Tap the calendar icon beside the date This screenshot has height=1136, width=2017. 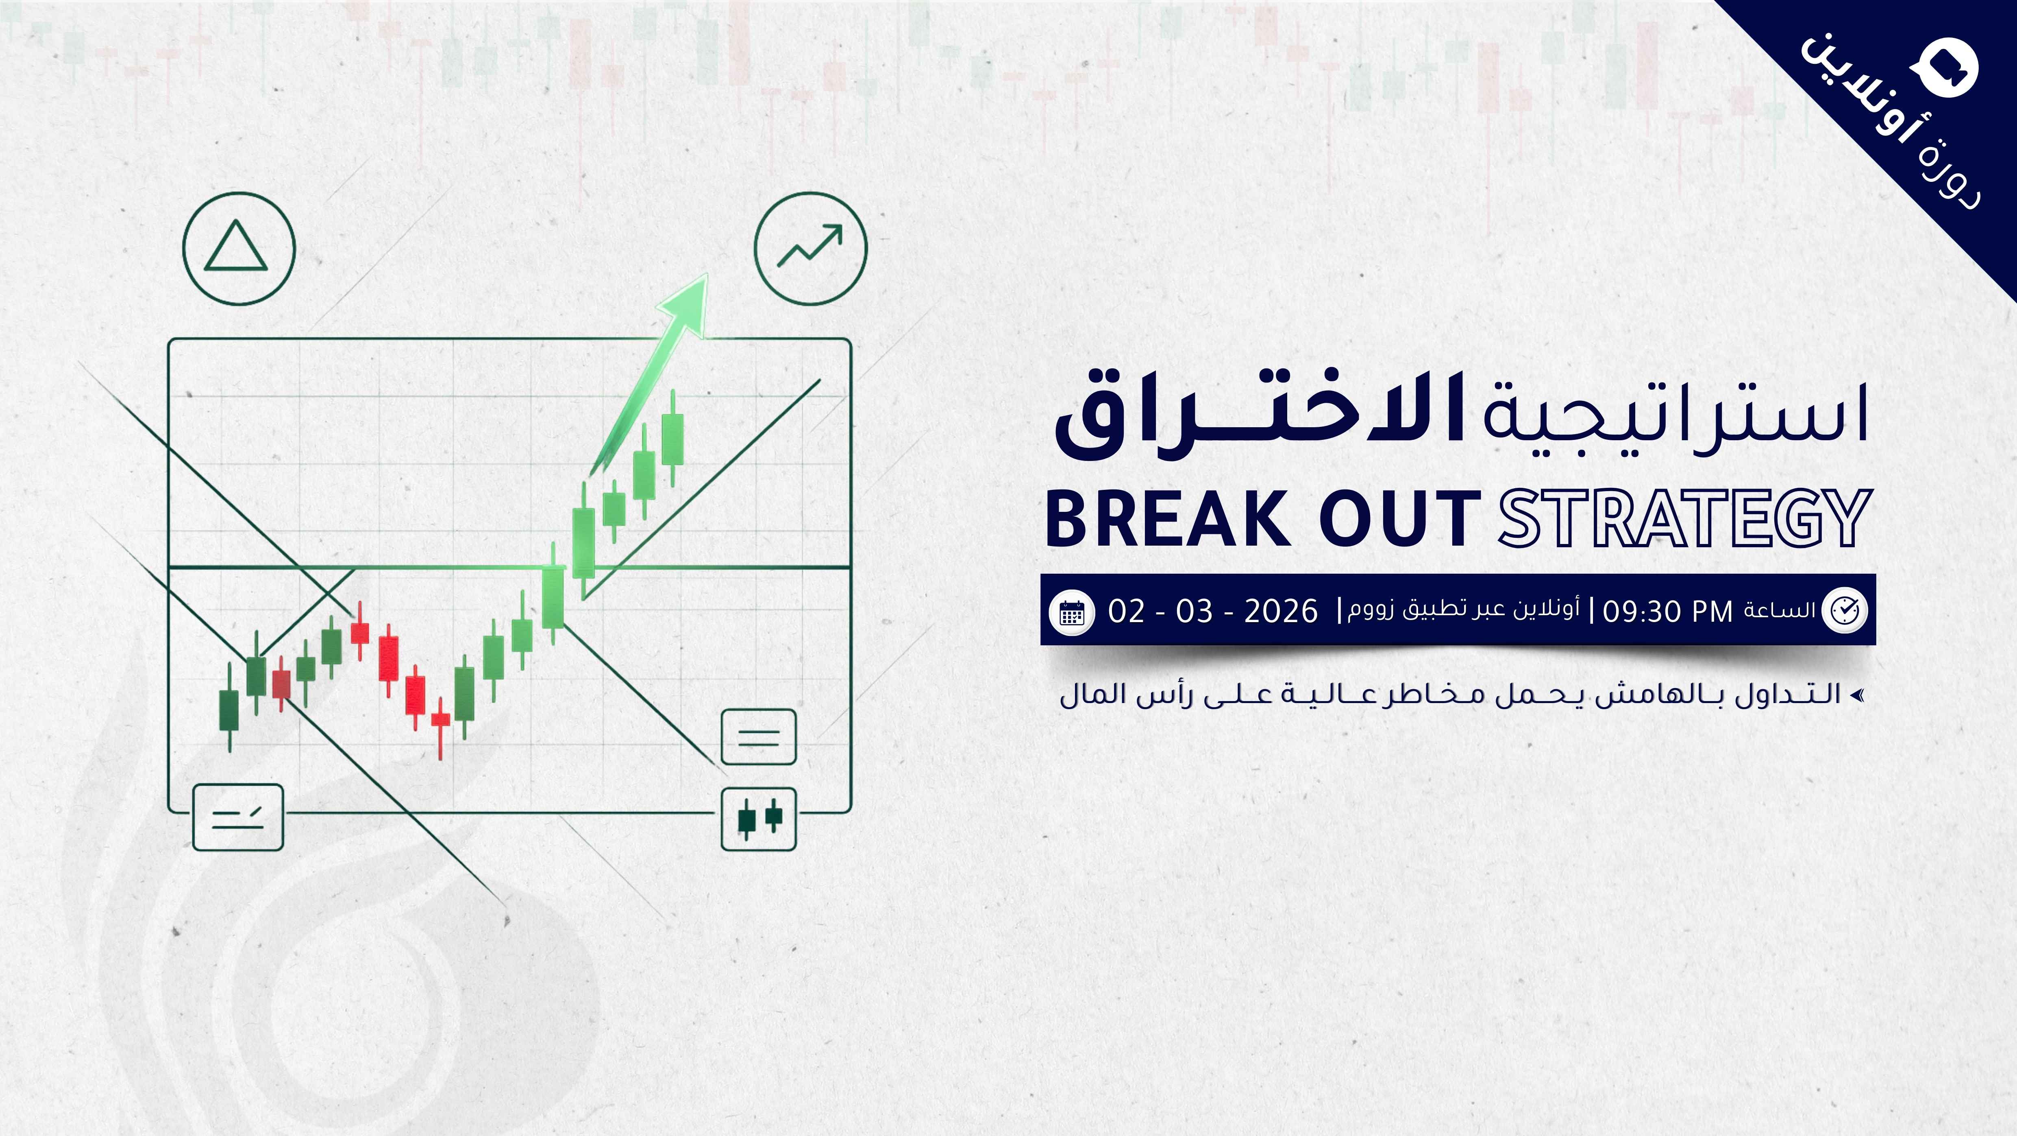coord(1072,611)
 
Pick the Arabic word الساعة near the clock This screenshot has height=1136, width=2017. coord(1779,610)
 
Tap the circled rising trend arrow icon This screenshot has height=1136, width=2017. coord(810,247)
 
